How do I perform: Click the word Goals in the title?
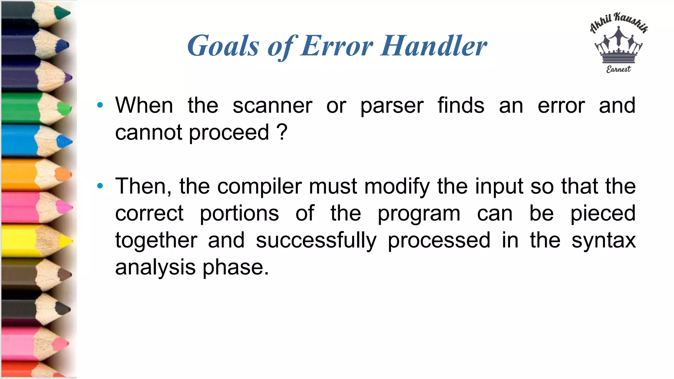coord(223,46)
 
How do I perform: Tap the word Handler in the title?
coord(434,46)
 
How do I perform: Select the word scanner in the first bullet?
coord(272,106)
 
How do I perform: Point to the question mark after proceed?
coord(282,132)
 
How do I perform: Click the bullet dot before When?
coord(100,105)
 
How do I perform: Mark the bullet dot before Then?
coord(100,186)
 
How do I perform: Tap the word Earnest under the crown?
coord(618,69)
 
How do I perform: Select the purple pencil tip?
coord(68,78)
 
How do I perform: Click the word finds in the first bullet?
coord(461,106)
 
